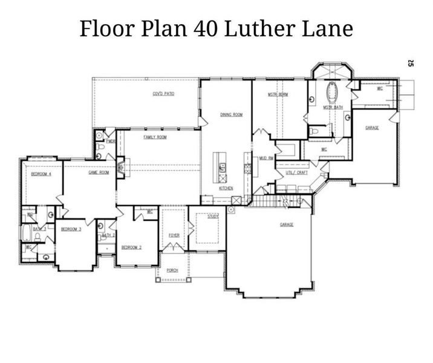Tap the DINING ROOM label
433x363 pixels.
tap(231, 114)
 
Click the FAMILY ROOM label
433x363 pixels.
tap(155, 137)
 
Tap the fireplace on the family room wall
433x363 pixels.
tap(121, 166)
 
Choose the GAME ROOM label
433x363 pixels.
tap(99, 172)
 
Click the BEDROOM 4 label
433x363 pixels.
tap(41, 174)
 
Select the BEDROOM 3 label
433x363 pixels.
tap(71, 229)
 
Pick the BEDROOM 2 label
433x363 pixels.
tap(131, 247)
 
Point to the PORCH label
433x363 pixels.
tap(172, 270)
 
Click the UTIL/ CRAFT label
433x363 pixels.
tap(297, 172)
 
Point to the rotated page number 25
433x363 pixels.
tap(411, 62)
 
